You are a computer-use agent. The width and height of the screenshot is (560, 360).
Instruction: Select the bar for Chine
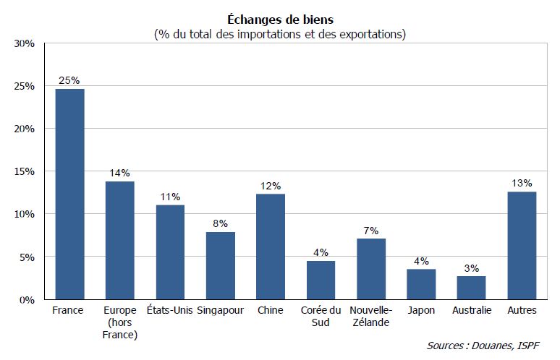click(x=271, y=247)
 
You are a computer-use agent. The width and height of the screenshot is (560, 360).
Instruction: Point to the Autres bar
click(x=522, y=245)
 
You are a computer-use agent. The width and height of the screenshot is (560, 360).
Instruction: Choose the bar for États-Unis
click(x=170, y=252)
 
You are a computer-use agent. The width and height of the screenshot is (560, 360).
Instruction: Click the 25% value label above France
click(x=69, y=80)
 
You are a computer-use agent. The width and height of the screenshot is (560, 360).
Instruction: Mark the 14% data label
click(x=120, y=173)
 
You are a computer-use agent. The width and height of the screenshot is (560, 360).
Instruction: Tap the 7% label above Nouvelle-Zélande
click(x=371, y=230)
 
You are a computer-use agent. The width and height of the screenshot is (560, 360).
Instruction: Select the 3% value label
click(x=472, y=267)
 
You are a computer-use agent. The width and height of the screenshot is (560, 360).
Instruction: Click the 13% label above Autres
click(x=522, y=183)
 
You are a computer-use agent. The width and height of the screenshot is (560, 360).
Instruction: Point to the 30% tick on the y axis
click(x=25, y=43)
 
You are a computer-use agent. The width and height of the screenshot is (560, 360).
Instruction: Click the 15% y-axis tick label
click(x=25, y=171)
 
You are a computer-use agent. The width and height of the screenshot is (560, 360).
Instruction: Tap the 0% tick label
click(x=27, y=299)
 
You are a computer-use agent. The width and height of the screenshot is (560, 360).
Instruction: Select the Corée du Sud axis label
click(x=321, y=316)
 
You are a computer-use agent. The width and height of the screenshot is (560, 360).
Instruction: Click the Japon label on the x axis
click(x=421, y=311)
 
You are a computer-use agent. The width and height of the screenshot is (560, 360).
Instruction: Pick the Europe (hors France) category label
click(x=120, y=322)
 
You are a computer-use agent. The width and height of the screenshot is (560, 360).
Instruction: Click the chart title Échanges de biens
click(x=280, y=20)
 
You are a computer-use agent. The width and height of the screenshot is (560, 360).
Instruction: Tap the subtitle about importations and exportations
click(x=280, y=34)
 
